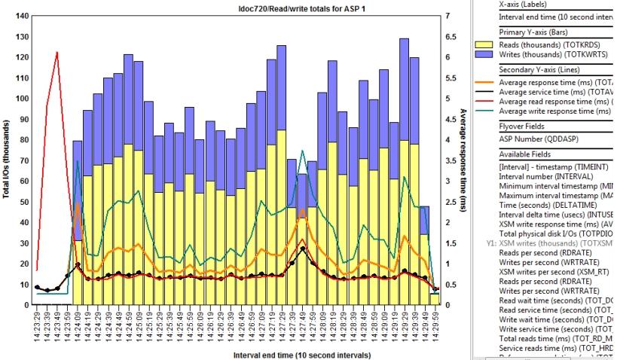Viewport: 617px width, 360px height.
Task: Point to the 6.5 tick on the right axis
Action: [448, 36]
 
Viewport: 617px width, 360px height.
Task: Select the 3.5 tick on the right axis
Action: [448, 160]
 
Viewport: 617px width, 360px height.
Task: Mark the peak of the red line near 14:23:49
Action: [57, 52]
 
